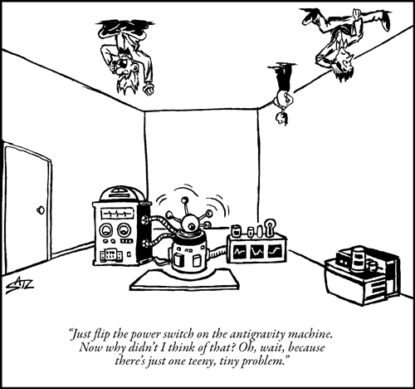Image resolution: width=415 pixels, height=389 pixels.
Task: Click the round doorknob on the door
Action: pos(41,209)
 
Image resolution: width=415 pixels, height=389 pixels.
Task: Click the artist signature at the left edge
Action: pos(20,285)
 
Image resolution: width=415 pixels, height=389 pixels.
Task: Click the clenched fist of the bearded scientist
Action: pos(149,89)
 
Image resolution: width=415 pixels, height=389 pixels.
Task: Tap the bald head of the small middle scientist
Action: pos(282,118)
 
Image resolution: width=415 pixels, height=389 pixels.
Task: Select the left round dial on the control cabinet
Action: pos(105,229)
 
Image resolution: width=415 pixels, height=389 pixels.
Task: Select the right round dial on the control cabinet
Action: pos(124,230)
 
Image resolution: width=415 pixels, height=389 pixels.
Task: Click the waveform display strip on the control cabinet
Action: pos(117,214)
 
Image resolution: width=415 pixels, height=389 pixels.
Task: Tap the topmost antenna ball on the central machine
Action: pos(184,199)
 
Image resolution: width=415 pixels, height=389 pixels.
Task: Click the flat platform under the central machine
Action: pos(185,280)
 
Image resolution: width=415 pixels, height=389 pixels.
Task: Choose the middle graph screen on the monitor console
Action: pos(256,252)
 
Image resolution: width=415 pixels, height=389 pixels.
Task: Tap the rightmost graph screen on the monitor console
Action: pos(275,251)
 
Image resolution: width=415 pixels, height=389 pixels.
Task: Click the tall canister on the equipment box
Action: pos(358,259)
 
